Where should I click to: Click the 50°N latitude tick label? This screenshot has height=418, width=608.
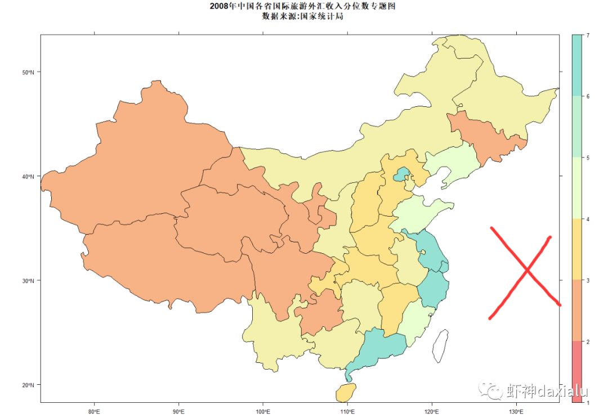(28, 73)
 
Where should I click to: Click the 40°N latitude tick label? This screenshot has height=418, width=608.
(28, 177)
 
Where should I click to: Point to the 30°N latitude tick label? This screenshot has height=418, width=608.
(28, 281)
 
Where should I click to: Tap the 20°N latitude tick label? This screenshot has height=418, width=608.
(28, 385)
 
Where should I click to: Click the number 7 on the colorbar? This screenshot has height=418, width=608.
(588, 35)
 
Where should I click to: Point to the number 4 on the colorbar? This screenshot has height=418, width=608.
(588, 219)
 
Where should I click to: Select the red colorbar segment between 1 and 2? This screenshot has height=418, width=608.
(577, 371)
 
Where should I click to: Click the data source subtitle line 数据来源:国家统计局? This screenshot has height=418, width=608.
(302, 16)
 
